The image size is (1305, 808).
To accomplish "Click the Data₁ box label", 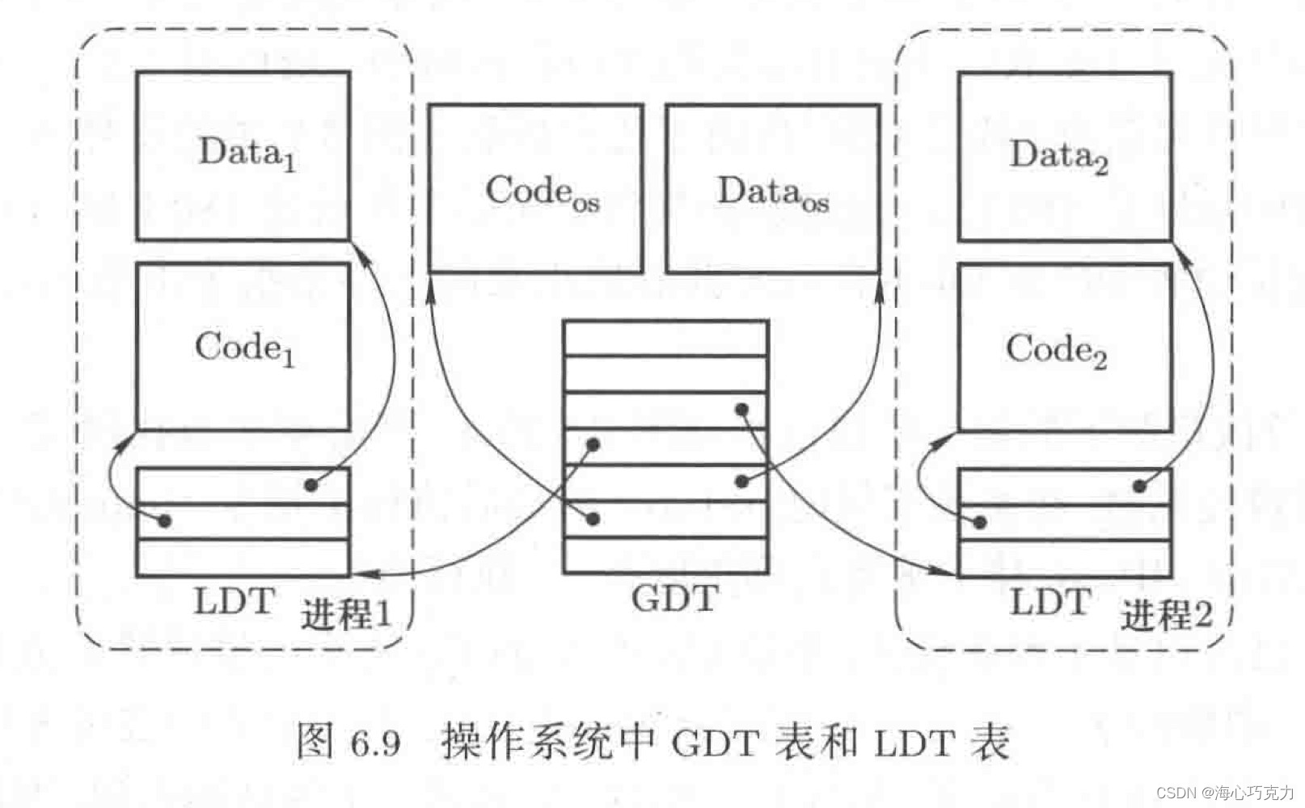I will [x=247, y=154].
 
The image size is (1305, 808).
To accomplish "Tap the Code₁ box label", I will [x=244, y=349].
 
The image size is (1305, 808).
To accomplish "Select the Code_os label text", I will [x=542, y=193].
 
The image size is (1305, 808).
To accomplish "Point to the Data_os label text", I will [x=773, y=193].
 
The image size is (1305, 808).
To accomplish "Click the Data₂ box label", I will [x=1058, y=156].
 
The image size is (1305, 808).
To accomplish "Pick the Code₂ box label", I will [x=1056, y=351].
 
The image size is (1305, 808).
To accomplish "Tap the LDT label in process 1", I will [x=234, y=602].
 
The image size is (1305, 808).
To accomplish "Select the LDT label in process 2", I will [x=1050, y=603].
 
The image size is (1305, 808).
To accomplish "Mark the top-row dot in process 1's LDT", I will [x=310, y=485].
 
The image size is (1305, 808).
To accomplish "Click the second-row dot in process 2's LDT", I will [x=979, y=523].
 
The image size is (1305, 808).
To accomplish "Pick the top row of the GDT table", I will [x=665, y=338].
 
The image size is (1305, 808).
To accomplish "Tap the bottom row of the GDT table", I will [x=665, y=556].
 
